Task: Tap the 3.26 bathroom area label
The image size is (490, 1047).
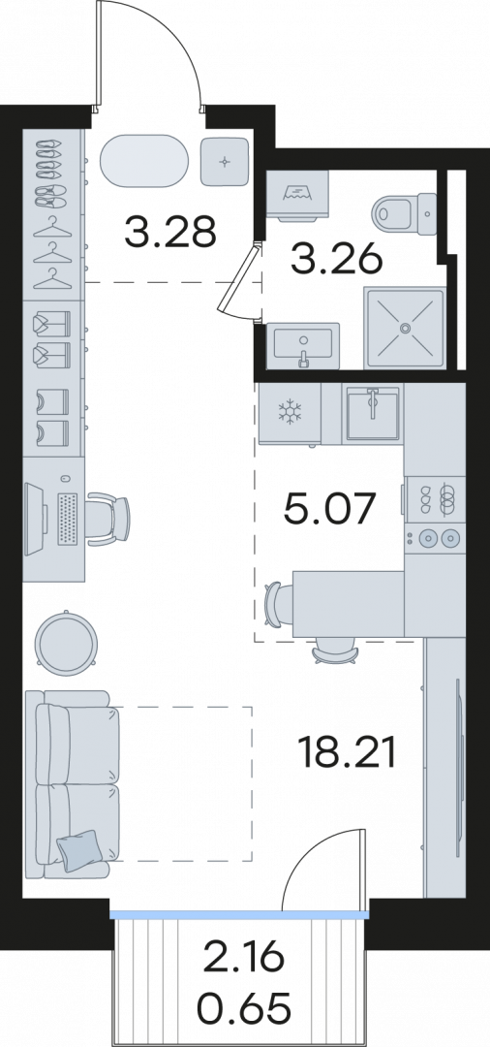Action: pyautogui.click(x=336, y=259)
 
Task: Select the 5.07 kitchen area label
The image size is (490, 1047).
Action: pyautogui.click(x=330, y=509)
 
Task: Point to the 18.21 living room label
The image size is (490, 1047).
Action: pyautogui.click(x=348, y=752)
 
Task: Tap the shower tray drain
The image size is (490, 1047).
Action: pyautogui.click(x=405, y=328)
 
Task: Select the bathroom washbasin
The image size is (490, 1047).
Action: pyautogui.click(x=303, y=345)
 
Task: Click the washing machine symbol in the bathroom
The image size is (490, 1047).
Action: pyautogui.click(x=297, y=194)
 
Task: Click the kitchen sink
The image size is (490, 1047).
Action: pyautogui.click(x=373, y=414)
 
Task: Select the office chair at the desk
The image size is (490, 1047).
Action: pyautogui.click(x=108, y=518)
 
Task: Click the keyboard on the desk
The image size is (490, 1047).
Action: pyautogui.click(x=69, y=518)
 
